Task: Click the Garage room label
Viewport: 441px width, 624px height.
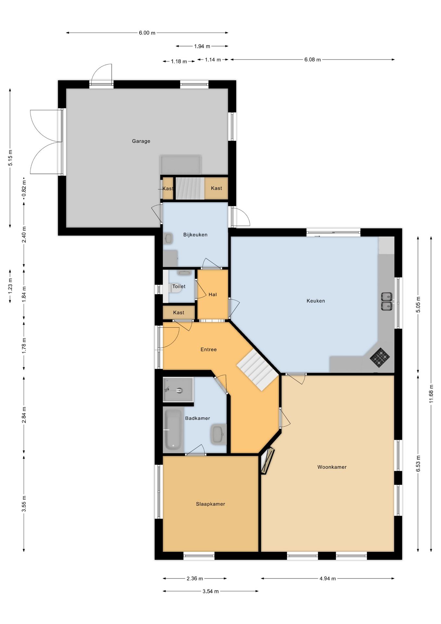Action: [141, 141]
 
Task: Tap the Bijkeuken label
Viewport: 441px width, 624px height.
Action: [195, 235]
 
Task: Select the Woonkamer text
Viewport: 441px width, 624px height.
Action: [332, 467]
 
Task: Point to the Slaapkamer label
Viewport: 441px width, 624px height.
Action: [210, 504]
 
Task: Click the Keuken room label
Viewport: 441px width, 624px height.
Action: [316, 301]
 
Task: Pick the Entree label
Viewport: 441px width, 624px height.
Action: [208, 350]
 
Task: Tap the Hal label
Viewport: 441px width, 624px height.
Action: [213, 295]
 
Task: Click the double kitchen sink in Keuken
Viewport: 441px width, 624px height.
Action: [387, 302]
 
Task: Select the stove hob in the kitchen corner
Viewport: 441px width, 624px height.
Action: [380, 357]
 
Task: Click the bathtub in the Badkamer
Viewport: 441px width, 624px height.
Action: [173, 430]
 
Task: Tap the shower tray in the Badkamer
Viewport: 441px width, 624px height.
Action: [178, 389]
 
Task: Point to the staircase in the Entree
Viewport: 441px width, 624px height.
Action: [258, 370]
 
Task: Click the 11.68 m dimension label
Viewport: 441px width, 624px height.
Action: [431, 394]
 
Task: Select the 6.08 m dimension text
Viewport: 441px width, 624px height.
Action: [312, 60]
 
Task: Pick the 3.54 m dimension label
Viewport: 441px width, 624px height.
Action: [210, 591]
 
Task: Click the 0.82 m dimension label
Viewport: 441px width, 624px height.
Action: [24, 190]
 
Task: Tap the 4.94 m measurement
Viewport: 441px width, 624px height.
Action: [327, 578]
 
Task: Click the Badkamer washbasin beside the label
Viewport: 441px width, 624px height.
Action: [219, 434]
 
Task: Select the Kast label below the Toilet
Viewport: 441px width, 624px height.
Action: [179, 313]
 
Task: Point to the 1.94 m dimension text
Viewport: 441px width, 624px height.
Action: [202, 46]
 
